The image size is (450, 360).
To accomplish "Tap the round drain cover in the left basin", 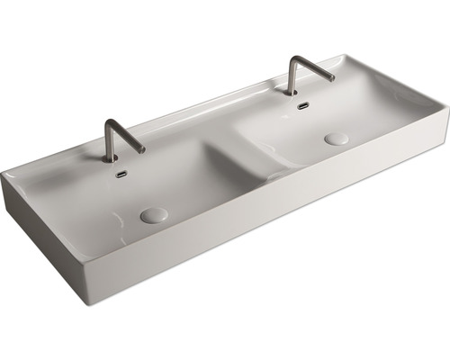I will point(154,215).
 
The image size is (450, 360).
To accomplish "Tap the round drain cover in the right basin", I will point(337,139).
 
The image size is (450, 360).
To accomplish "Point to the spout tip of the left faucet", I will point(141,150).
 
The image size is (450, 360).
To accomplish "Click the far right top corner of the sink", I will point(446,108).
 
